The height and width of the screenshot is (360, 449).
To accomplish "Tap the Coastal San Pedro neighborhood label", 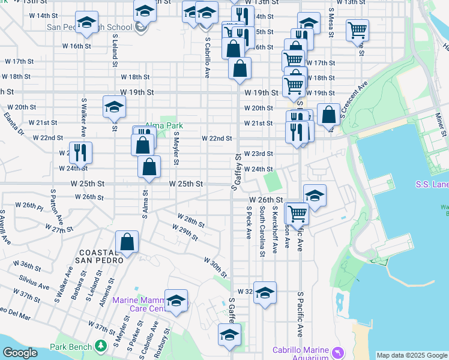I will point(101,256).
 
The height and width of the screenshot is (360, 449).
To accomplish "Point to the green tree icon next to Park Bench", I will point(101,346).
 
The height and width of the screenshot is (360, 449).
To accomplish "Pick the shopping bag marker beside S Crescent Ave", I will point(329,113).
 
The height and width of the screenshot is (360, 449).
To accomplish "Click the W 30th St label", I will point(215,268).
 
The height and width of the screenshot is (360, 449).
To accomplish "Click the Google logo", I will point(20,353).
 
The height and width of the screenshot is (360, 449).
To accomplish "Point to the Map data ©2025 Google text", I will point(412,355).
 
